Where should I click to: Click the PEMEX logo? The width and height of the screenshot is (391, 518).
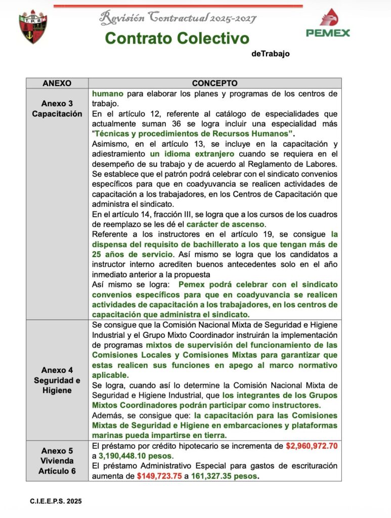coord(328,24)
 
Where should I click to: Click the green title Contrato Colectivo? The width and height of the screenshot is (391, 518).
coord(177,38)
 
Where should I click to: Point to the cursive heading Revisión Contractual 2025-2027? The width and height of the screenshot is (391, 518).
coord(178,18)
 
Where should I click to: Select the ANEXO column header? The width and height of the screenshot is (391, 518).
coord(57,83)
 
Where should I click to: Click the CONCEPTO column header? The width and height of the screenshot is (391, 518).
coord(214,83)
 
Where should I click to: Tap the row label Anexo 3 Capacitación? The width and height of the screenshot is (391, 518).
coord(57,109)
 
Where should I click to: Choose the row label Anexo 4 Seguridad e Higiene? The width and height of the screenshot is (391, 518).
coord(57,380)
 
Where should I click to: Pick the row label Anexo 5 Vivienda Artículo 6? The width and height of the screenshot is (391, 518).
coord(57,461)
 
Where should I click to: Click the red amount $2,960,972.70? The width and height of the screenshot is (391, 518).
coord(312,446)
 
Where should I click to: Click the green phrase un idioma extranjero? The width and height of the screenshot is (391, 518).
coord(192,154)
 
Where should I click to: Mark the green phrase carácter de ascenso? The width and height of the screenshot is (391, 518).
coord(226,224)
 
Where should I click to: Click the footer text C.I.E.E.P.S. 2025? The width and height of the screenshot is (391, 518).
coord(56,501)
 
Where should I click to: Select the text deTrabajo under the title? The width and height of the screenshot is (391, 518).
coord(270,54)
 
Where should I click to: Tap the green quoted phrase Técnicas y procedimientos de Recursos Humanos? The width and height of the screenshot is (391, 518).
coord(192,134)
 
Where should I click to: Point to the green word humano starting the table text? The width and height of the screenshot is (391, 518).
coord(107,94)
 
